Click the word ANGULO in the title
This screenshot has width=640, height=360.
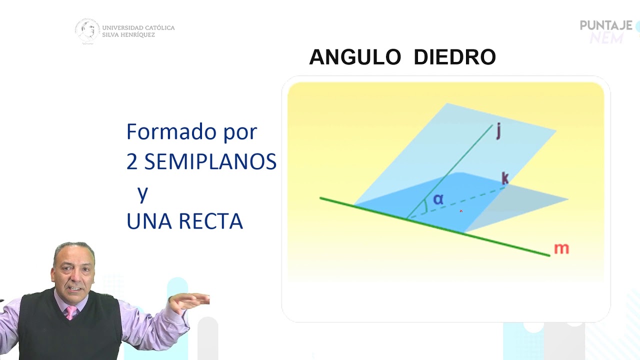[x=355, y=57]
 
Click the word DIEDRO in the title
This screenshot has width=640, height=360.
[x=454, y=57]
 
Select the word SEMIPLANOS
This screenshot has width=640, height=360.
[x=210, y=162]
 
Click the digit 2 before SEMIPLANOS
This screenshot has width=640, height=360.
[x=132, y=162]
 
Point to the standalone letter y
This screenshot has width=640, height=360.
[x=143, y=193]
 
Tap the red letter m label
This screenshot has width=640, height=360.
[x=561, y=248]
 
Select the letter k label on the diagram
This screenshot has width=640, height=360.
[x=505, y=178]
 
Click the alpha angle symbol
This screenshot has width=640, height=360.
[x=438, y=199]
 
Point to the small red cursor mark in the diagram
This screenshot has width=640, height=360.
[x=461, y=211]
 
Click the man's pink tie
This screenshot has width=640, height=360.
[x=71, y=313]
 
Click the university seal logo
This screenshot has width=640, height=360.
[x=87, y=31]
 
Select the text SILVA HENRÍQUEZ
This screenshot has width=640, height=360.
[x=128, y=35]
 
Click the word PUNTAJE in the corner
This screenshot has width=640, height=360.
[x=606, y=25]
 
